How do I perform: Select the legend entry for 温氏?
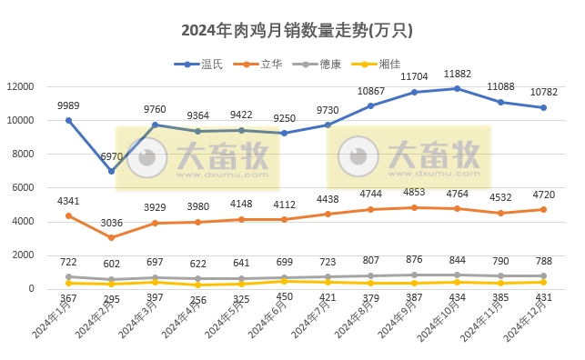(x=207, y=64)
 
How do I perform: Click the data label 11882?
(x=456, y=74)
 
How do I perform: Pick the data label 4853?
(x=413, y=192)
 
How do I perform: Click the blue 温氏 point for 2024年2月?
(x=111, y=171)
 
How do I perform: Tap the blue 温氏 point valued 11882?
(x=456, y=88)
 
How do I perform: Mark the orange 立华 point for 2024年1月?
(x=68, y=215)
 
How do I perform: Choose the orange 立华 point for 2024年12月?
(x=543, y=209)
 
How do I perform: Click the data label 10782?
(x=543, y=93)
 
